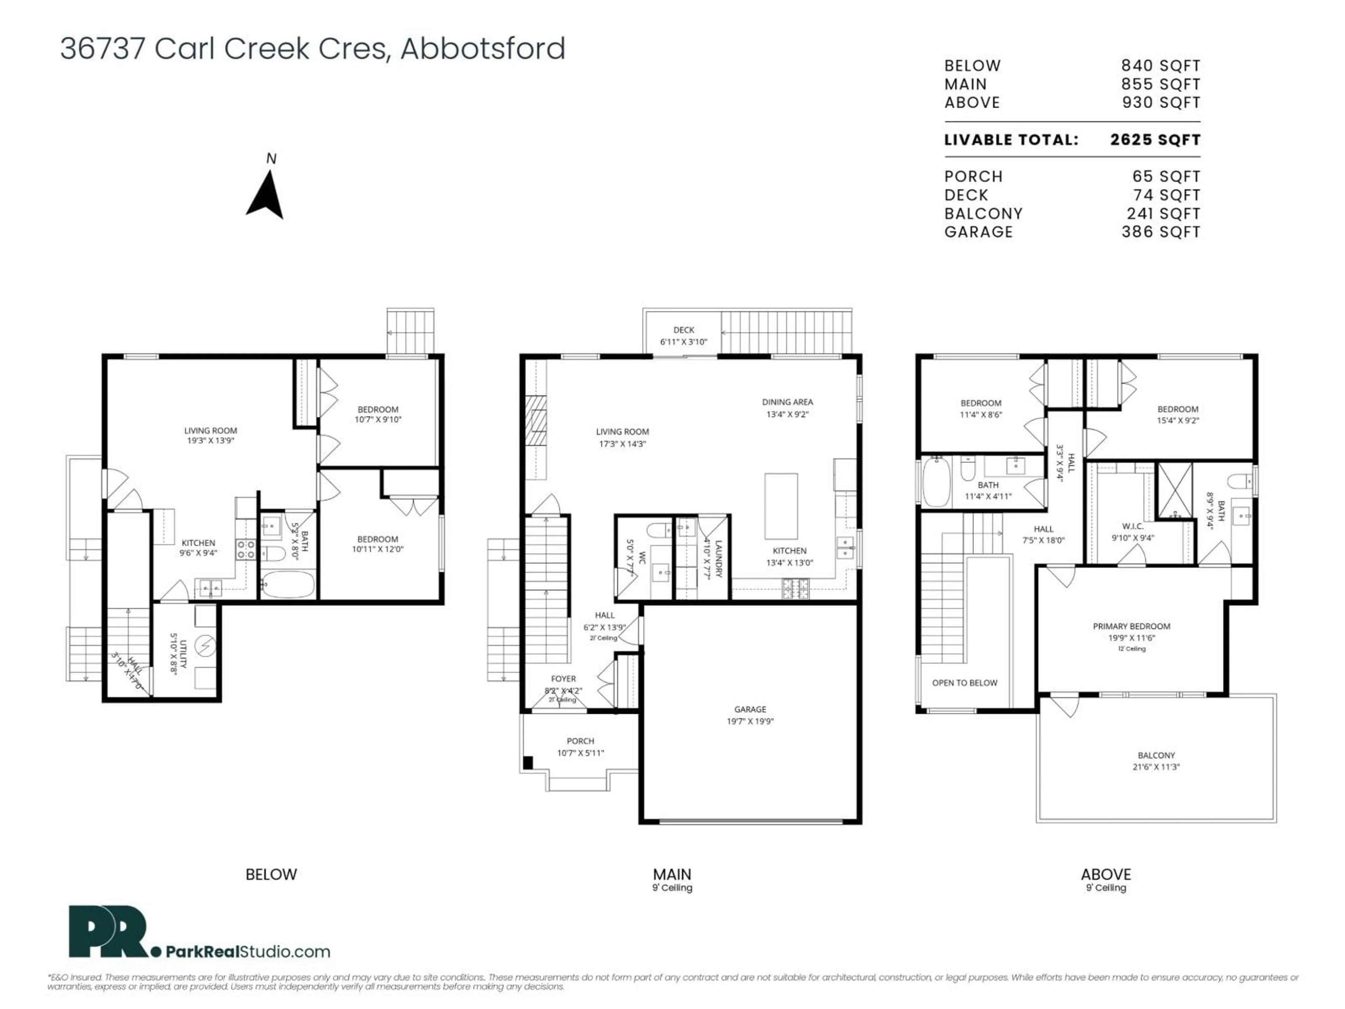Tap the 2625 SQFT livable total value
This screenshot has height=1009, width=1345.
click(1155, 140)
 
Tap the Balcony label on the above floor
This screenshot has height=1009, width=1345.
click(1156, 760)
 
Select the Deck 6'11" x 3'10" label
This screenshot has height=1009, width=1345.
click(683, 336)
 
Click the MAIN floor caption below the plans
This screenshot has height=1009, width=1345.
click(672, 874)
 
